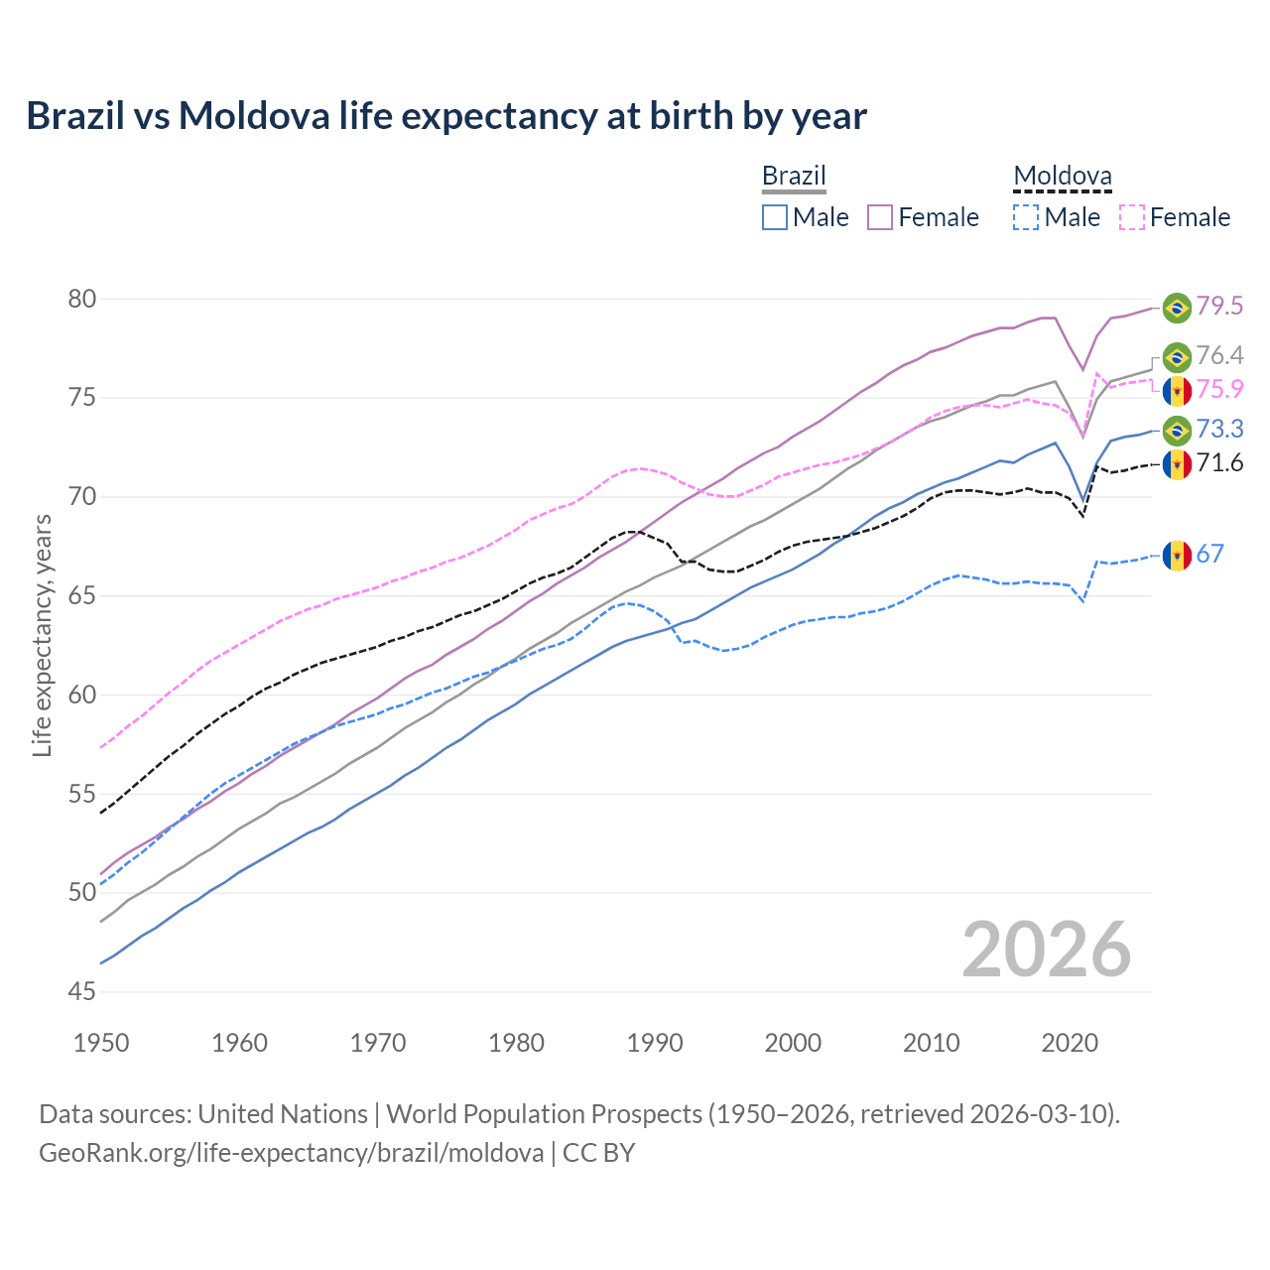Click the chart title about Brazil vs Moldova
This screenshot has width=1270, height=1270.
click(x=446, y=116)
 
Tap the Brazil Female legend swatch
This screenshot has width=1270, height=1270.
click(x=880, y=217)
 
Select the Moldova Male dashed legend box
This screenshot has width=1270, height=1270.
click(x=1026, y=217)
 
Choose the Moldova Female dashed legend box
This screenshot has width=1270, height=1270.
click(x=1132, y=217)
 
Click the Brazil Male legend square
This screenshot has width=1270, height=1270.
click(x=775, y=217)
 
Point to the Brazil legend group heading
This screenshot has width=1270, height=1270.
click(x=794, y=177)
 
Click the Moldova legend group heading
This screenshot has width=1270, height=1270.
click(x=1062, y=177)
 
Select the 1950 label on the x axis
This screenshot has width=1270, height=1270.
click(x=101, y=1043)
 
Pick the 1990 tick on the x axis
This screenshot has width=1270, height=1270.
click(x=655, y=1043)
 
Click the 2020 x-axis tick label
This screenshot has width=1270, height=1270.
click(x=1070, y=1043)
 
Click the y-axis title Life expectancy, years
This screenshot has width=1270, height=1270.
click(x=42, y=635)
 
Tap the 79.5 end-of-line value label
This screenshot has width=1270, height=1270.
click(x=1219, y=307)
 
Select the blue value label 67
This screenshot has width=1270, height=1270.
click(x=1209, y=554)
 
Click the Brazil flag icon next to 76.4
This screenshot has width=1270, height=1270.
click(x=1177, y=356)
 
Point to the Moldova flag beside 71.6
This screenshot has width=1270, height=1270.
click(x=1177, y=463)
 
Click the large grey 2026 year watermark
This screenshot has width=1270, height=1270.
click(x=1047, y=950)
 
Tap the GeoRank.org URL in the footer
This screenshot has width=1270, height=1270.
click(x=291, y=1153)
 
